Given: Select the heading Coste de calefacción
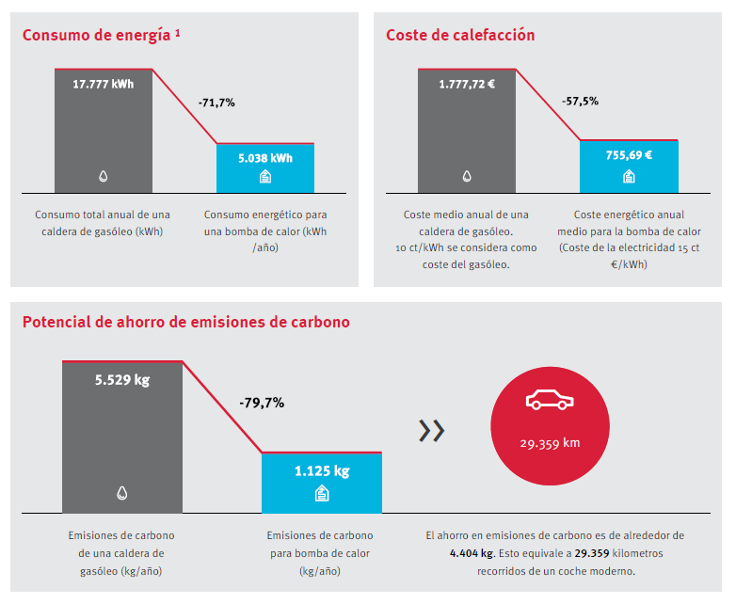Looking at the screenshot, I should click(x=460, y=35).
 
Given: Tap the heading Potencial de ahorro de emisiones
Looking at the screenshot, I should click(x=185, y=322).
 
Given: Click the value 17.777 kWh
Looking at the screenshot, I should click(x=104, y=84).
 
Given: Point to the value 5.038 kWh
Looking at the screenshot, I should click(x=265, y=158).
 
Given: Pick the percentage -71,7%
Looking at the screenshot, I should click(x=216, y=103).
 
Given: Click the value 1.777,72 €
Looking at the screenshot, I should click(x=467, y=84).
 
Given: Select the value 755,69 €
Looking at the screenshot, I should click(x=629, y=155).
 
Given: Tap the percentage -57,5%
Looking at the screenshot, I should click(x=580, y=101).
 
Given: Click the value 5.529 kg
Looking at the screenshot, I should click(x=122, y=381).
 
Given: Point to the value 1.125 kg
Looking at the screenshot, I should click(x=322, y=470).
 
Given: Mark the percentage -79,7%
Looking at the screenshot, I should click(x=262, y=403).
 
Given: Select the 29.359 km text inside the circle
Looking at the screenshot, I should click(x=550, y=443).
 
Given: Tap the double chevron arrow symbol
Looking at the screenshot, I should click(x=431, y=431).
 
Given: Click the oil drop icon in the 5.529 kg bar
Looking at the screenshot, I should click(x=122, y=493).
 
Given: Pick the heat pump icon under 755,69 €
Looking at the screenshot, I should click(x=629, y=176).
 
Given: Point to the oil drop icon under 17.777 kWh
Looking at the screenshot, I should click(x=104, y=176).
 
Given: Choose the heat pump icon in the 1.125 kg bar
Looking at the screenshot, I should click(x=322, y=493).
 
